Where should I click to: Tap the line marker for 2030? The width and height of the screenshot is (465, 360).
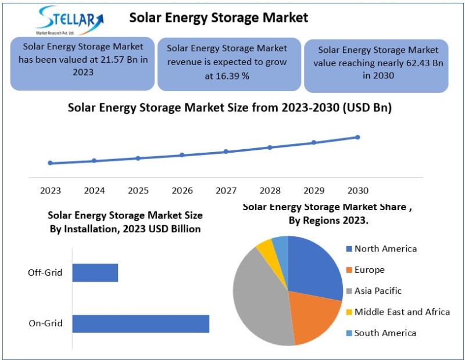point(357,137)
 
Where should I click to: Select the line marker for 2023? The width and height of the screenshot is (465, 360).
point(50,163)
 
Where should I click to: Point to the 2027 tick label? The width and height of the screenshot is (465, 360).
point(226,190)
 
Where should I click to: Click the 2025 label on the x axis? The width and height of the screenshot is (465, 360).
point(138,190)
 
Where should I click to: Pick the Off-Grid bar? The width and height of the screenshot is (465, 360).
point(95,273)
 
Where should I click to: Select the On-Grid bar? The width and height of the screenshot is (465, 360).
point(141,323)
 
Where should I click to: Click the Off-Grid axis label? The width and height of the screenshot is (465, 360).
point(45,273)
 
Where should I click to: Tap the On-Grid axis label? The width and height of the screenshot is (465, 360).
point(45,323)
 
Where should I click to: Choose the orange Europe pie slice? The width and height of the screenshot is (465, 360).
point(314,316)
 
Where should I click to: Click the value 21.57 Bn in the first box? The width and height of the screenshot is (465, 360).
point(116,59)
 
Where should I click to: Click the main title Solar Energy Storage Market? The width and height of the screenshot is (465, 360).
point(219,18)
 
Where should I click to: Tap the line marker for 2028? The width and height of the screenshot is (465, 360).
point(270,147)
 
